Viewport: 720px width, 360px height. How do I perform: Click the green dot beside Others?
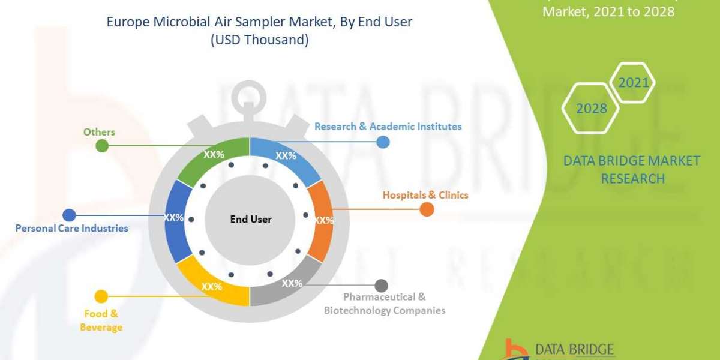click(103, 145)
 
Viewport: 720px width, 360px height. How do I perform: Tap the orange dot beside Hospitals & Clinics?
click(427, 209)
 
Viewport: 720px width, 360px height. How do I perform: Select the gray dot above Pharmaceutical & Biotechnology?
click(381, 286)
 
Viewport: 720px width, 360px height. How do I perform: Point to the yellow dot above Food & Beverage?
click(101, 296)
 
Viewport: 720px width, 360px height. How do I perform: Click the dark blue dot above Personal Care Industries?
click(69, 215)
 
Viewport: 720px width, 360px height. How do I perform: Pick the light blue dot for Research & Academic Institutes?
click(383, 142)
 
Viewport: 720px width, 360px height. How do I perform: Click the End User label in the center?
click(251, 220)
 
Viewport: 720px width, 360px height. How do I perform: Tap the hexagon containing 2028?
click(592, 109)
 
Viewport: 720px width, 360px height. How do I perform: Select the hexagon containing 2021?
click(634, 82)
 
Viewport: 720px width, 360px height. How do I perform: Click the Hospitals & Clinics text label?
click(425, 195)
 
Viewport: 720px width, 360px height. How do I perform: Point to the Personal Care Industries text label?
click(71, 228)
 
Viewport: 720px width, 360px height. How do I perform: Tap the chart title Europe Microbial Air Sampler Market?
click(259, 23)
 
